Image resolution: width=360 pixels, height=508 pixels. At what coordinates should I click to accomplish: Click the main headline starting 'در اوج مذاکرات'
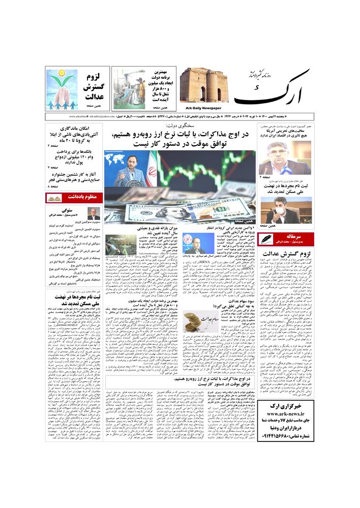pyautogui.click(x=181, y=138)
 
